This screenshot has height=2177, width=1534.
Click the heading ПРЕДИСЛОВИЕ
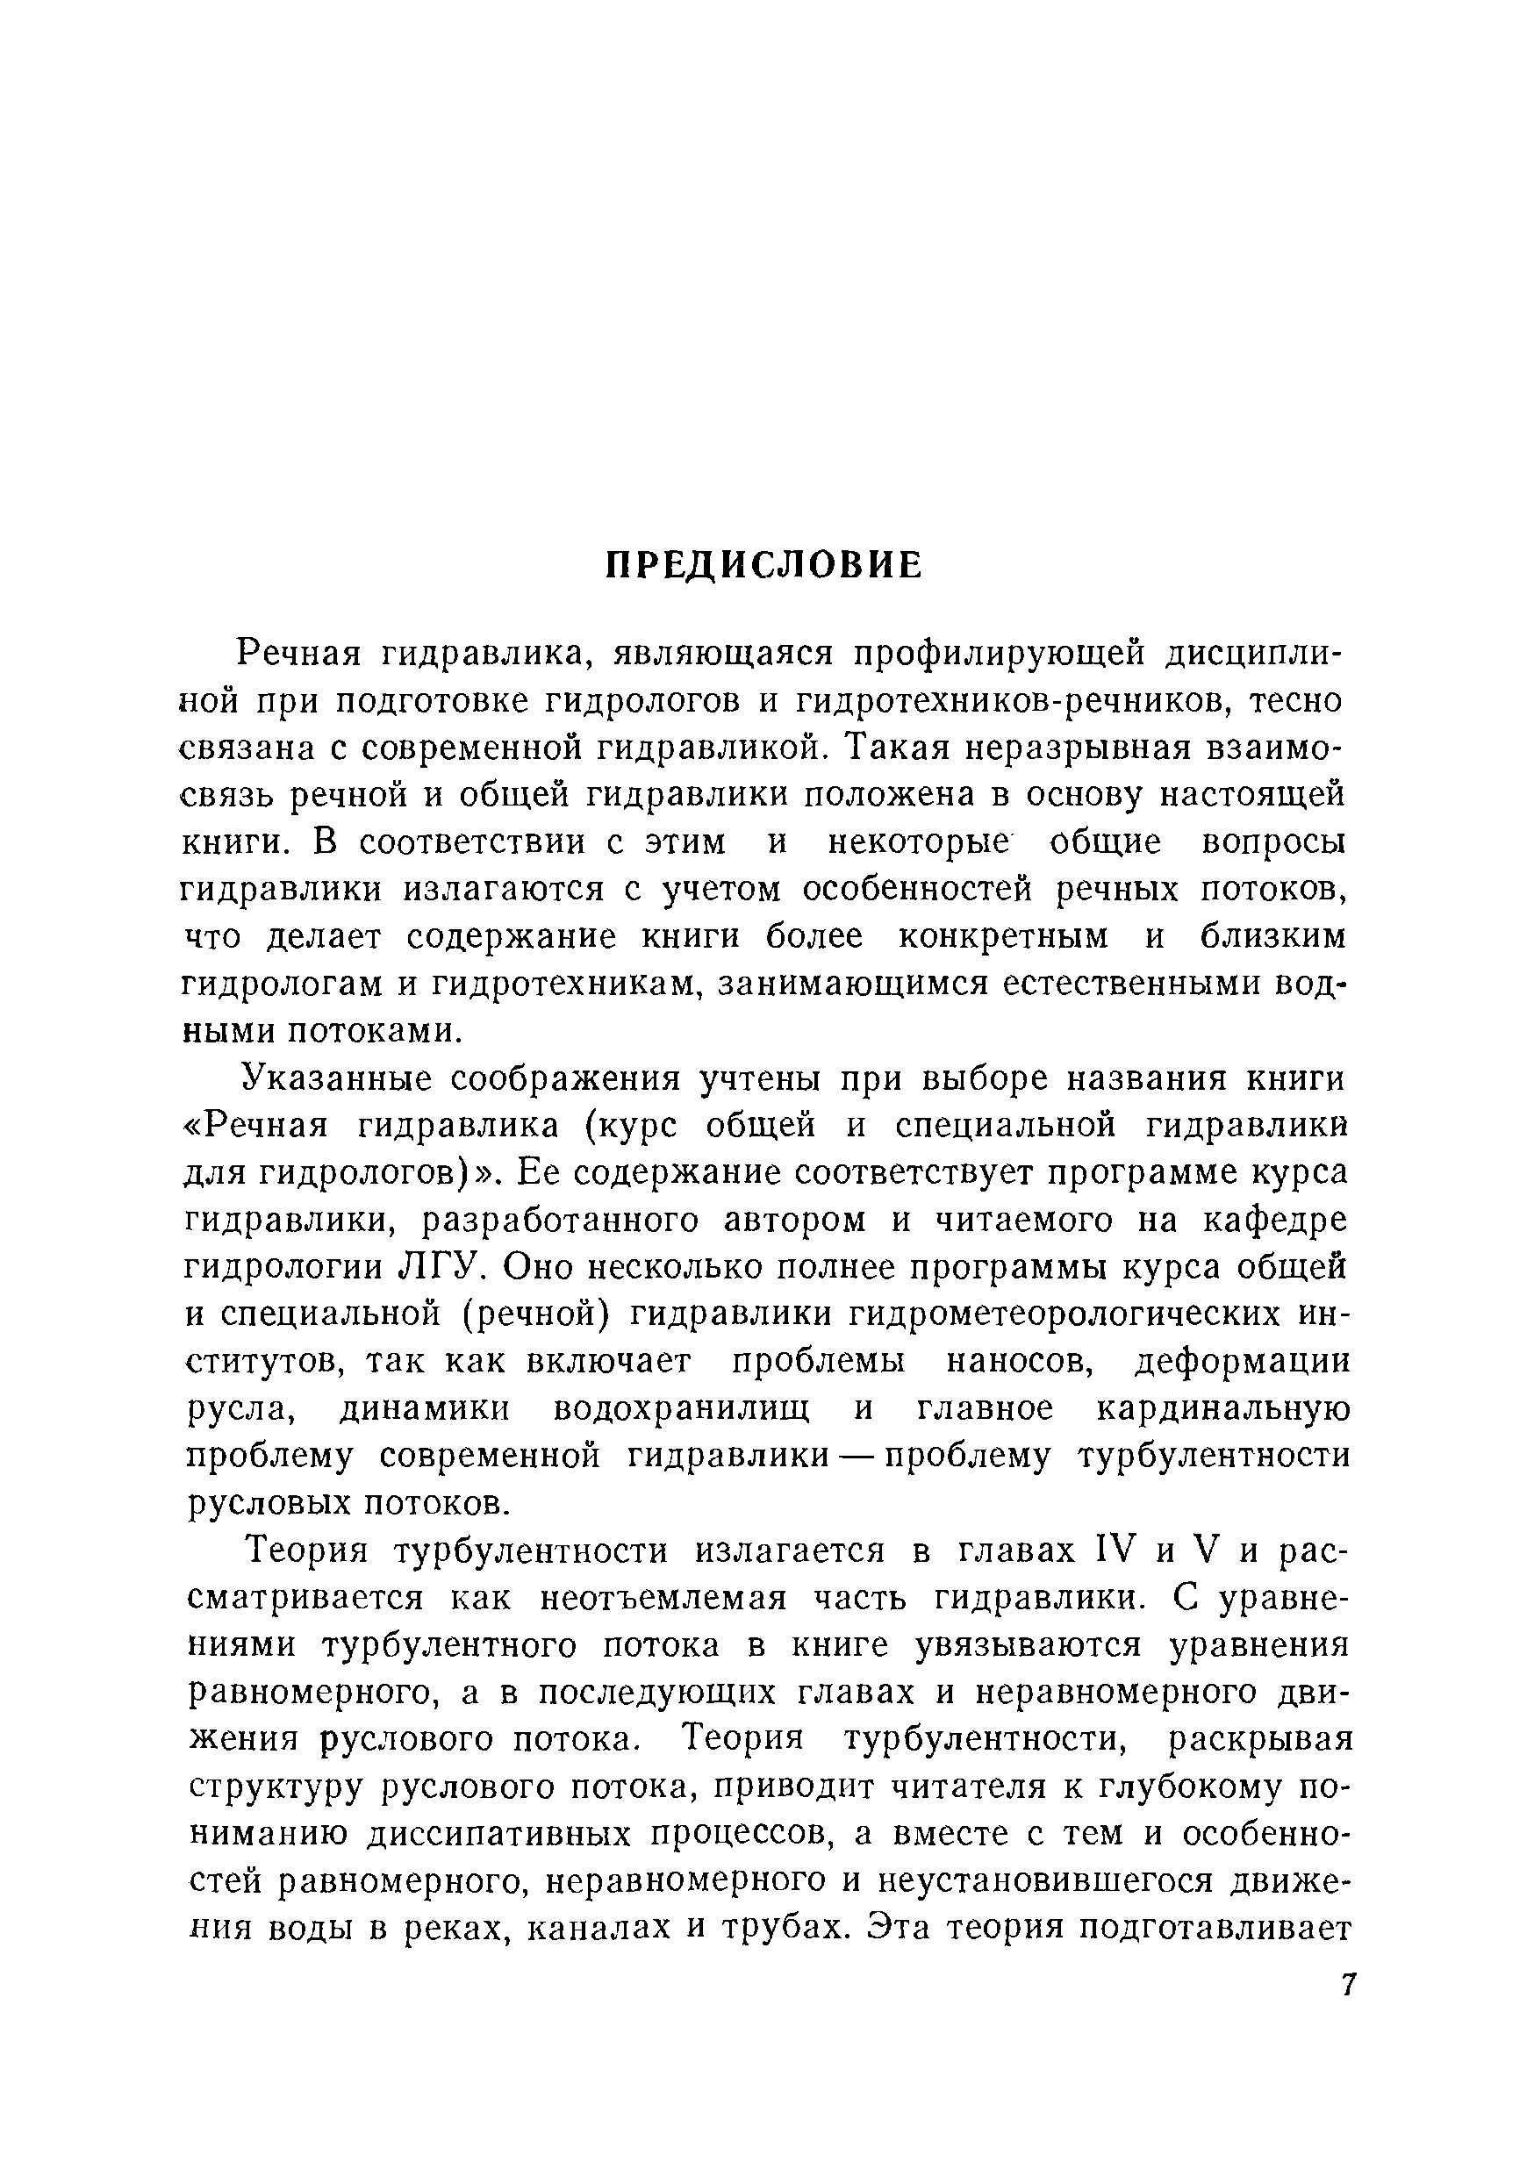pyautogui.click(x=764, y=566)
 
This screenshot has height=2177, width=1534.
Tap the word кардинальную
pyautogui.click(x=1223, y=1409)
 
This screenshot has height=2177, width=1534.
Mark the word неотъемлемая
pyautogui.click(x=663, y=1599)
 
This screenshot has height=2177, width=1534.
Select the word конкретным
pyautogui.click(x=1003, y=938)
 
